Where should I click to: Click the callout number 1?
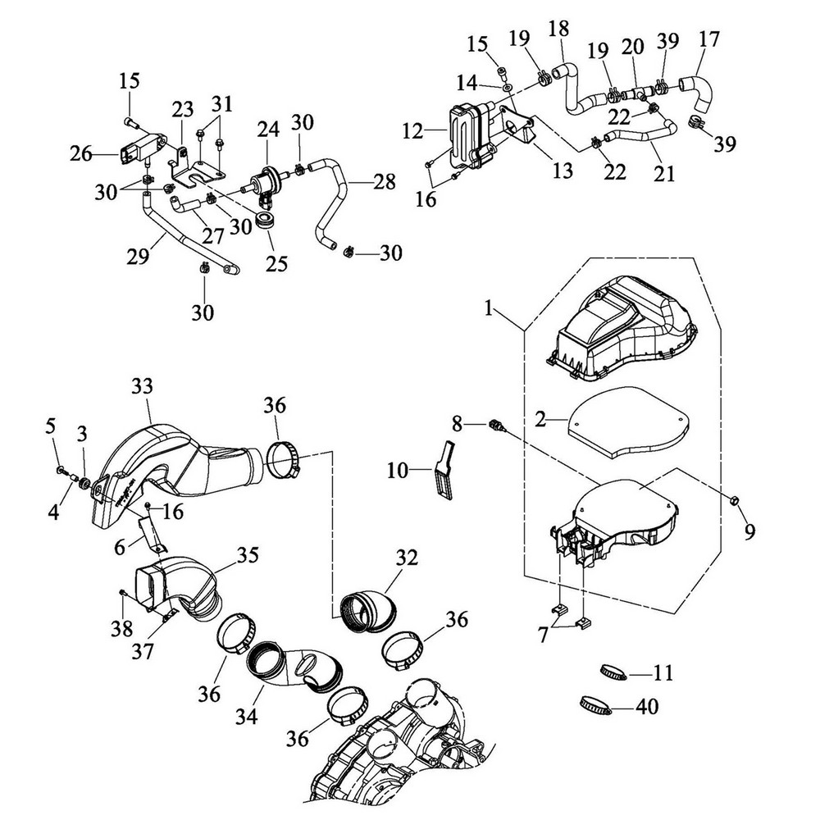489,309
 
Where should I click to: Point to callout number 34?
247,717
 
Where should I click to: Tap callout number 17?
710,39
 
